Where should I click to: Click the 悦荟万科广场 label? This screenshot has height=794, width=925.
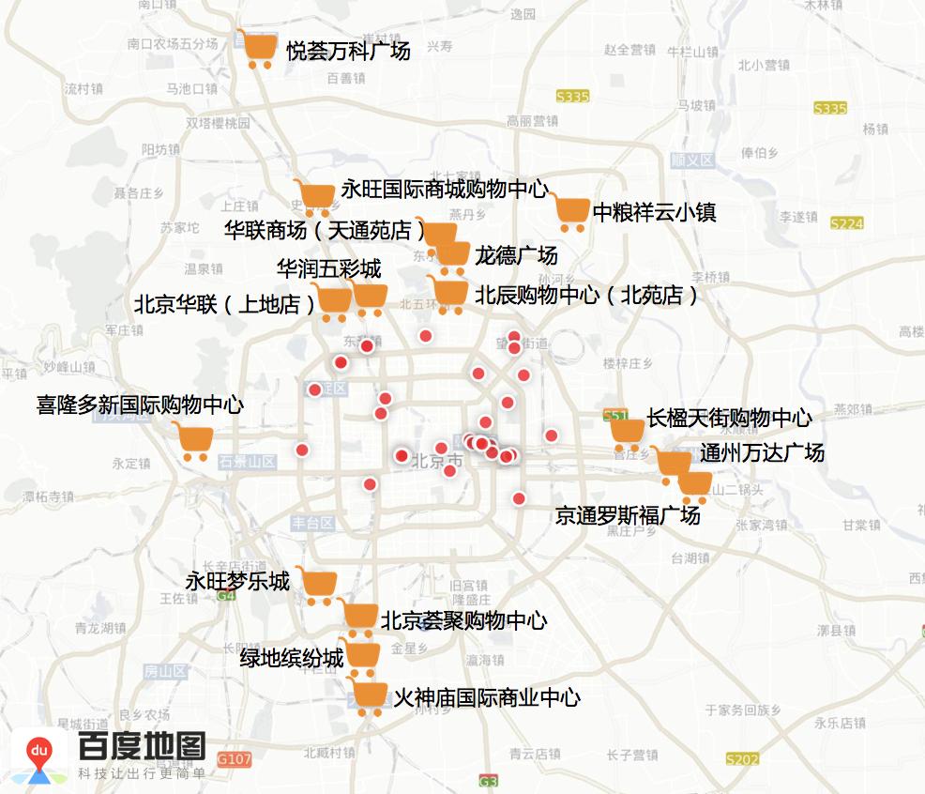point(348,52)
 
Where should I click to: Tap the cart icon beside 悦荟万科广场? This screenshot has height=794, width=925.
point(258,49)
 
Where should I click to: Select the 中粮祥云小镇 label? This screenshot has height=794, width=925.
point(655,213)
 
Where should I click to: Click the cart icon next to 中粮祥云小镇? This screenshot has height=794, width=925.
point(569,213)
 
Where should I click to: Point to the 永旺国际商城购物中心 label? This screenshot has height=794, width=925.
point(444,189)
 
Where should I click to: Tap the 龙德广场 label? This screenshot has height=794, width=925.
point(516,255)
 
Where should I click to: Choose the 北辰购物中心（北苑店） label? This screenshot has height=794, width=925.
point(587,296)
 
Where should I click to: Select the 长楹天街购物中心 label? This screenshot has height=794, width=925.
point(729,418)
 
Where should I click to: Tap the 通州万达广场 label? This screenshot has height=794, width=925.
point(762,453)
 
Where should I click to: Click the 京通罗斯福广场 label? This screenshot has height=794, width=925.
point(628,515)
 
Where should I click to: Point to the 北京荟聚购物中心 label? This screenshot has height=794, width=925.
point(463,620)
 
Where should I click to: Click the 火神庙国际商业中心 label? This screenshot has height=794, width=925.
point(487,697)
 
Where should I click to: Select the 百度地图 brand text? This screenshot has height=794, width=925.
point(142,747)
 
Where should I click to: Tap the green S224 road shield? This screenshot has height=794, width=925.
point(846,223)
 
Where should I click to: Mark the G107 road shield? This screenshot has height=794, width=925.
point(235,758)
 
